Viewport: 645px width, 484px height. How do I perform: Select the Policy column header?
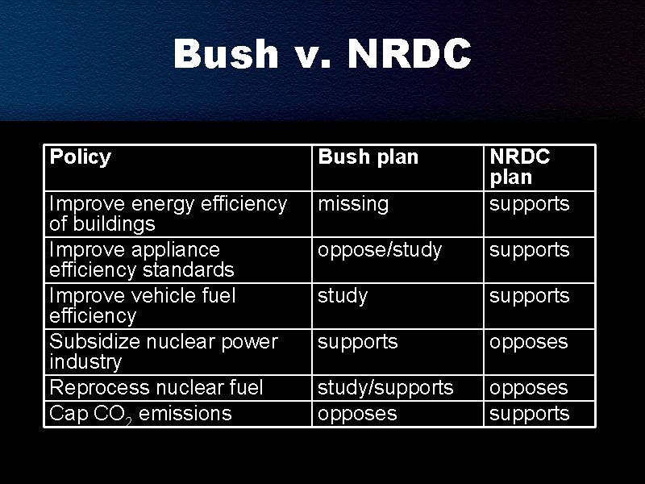[81, 156]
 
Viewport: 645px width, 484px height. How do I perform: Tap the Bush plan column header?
[368, 157]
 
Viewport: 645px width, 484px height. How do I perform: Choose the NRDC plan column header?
[520, 166]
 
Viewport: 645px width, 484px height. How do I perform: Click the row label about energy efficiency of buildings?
[168, 213]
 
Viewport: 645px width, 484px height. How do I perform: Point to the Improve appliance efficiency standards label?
[141, 259]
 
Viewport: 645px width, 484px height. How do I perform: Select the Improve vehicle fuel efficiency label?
[143, 305]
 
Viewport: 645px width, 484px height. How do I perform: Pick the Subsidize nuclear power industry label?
[163, 351]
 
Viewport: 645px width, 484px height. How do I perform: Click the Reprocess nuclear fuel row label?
[156, 388]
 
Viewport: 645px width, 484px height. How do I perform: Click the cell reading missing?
[352, 204]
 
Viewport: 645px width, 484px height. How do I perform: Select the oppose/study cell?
[380, 250]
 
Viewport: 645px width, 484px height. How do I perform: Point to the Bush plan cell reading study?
[343, 296]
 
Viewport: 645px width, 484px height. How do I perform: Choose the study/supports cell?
[385, 388]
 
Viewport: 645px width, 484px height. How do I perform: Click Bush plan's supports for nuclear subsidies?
[358, 342]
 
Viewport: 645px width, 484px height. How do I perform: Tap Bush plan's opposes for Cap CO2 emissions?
[357, 414]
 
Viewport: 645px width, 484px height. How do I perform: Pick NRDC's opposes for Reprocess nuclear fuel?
[529, 388]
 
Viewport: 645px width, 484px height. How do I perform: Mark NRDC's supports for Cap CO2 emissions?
[530, 414]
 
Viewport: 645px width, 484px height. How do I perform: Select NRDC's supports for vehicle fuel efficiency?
[530, 296]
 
